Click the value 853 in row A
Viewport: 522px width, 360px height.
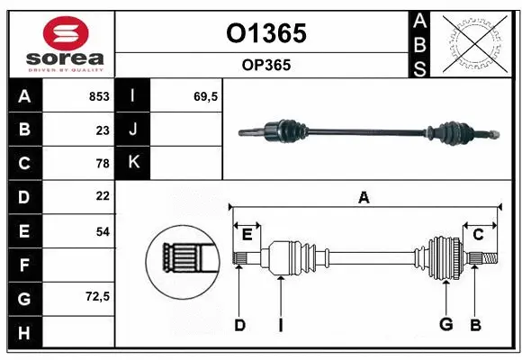(98, 96)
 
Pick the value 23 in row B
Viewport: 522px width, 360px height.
(102, 130)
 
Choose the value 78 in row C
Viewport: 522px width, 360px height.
(102, 163)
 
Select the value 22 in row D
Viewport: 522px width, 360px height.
(102, 195)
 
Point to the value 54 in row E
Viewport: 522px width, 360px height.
(102, 231)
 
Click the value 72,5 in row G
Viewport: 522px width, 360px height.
(97, 296)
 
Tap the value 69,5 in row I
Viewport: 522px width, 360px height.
(206, 96)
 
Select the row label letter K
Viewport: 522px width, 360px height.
(133, 163)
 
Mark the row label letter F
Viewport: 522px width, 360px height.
(23, 265)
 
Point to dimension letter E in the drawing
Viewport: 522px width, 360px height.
(247, 235)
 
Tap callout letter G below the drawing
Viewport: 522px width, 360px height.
(445, 325)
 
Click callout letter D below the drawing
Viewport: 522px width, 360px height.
(239, 325)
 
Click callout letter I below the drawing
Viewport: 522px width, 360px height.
(280, 325)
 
